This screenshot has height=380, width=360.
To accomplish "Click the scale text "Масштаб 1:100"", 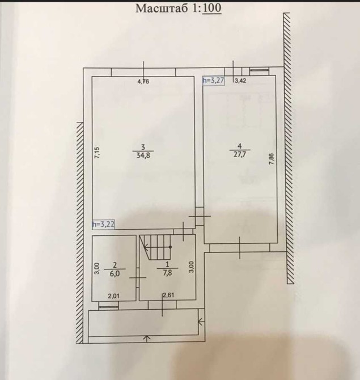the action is coord(179,8).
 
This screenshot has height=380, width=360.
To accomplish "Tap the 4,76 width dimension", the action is coord(143,82).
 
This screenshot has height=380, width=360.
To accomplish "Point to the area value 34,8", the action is coord(143,155).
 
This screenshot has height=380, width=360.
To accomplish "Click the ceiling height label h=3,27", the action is coord(214,81).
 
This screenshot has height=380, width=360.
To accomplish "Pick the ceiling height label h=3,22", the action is coord(103,224).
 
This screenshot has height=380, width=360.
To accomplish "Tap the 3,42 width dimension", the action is coord(240,81).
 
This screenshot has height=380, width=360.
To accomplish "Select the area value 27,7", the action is coord(240,154).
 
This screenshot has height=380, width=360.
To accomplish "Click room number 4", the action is coord(240,146).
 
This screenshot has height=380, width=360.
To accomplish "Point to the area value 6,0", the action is coord(115,273).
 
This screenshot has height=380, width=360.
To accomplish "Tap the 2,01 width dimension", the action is coord(113,295).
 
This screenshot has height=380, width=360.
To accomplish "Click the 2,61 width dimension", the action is coord(168,295).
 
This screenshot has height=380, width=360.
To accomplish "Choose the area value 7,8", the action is coord(167,273).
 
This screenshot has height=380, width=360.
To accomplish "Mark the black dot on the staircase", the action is coord(170,247).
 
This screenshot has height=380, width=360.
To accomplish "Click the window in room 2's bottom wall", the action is coord(108,307).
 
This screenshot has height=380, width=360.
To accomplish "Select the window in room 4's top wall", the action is coord(259,70).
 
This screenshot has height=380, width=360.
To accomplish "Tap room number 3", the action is coord(143,147).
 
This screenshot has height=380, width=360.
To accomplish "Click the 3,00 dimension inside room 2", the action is coord(97,268).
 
